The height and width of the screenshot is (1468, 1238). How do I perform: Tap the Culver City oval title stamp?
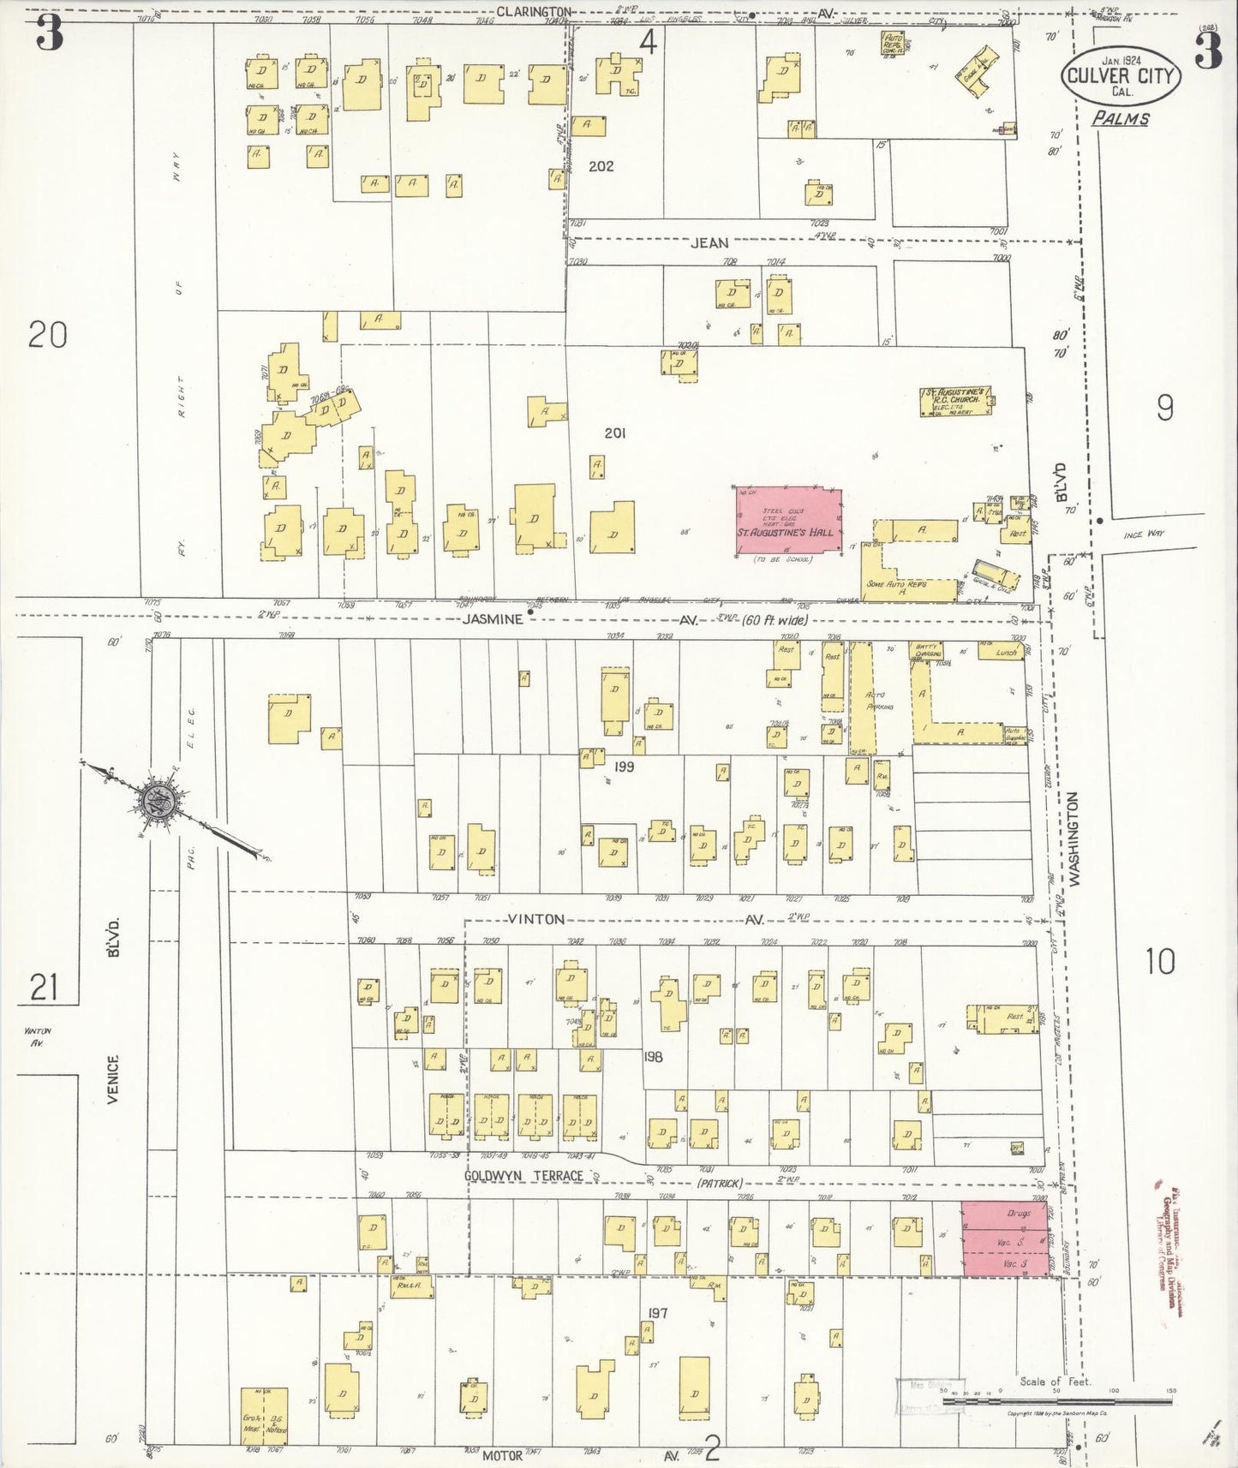pyautogui.click(x=1121, y=75)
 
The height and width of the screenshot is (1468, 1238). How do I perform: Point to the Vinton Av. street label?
pyautogui.click(x=537, y=919)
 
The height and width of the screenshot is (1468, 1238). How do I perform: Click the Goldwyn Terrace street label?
pyautogui.click(x=523, y=1176)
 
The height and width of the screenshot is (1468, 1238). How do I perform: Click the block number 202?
pyautogui.click(x=601, y=166)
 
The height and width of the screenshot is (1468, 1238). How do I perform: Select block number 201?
pyautogui.click(x=614, y=433)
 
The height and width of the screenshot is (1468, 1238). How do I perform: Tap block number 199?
pyautogui.click(x=623, y=767)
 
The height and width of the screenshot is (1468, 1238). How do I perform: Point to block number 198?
pyautogui.click(x=653, y=1057)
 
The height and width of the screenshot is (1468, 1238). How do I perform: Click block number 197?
pyautogui.click(x=657, y=1313)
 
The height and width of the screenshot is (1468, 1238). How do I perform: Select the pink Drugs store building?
pyautogui.click(x=1005, y=1238)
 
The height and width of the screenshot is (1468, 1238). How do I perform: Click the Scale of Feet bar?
pyautogui.click(x=1058, y=1402)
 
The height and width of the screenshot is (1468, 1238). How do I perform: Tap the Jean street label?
pyautogui.click(x=709, y=243)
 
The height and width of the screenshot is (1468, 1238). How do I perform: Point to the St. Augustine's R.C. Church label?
pyautogui.click(x=957, y=399)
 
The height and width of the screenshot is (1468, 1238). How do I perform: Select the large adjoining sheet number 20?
pyautogui.click(x=47, y=334)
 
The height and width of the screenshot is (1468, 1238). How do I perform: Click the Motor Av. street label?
pyautogui.click(x=502, y=1454)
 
